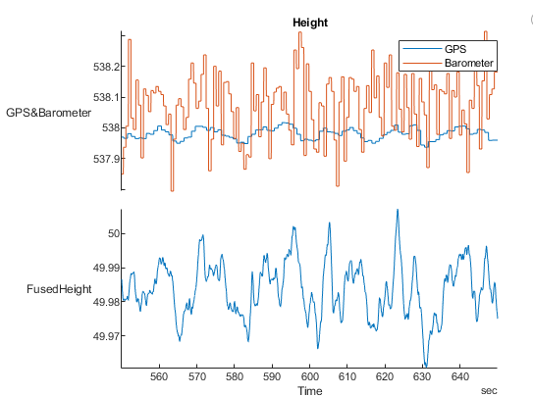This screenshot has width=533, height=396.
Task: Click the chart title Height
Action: click(x=309, y=23)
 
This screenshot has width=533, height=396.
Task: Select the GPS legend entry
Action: click(x=454, y=49)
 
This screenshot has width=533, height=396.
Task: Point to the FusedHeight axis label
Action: click(x=61, y=289)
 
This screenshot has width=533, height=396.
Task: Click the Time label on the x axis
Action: click(x=309, y=390)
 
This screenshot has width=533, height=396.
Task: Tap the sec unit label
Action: click(x=489, y=390)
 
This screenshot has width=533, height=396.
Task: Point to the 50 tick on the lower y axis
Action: click(x=109, y=233)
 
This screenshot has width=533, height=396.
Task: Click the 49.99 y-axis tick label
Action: click(x=102, y=268)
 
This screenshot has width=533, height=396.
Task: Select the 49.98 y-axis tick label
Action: click(x=102, y=302)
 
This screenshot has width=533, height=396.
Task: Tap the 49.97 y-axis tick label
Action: click(x=102, y=336)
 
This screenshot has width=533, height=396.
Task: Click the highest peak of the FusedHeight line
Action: click(x=398, y=209)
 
